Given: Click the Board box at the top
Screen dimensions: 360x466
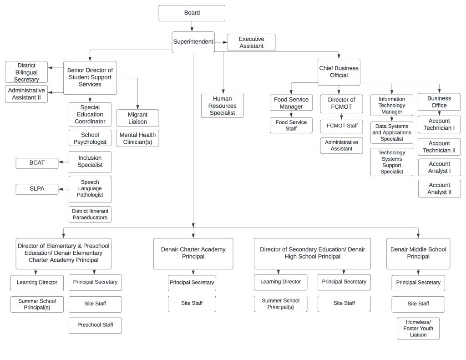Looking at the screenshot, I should pos(192,13).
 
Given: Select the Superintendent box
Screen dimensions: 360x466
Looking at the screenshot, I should pos(193,42).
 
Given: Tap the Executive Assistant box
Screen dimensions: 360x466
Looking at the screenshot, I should pos(251,42).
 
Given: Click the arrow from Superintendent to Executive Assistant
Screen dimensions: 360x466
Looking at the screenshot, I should pos(221,42).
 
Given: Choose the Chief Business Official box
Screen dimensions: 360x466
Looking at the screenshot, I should pos(339,71).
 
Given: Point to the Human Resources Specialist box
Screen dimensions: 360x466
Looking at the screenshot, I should pos(222,106).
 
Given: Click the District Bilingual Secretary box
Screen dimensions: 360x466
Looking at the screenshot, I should pos(26,72).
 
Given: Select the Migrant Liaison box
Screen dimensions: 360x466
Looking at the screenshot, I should pos(137,118).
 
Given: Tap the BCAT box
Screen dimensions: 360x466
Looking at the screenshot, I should pos(37,163).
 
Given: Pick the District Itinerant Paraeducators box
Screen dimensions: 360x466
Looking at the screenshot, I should pos(90,214).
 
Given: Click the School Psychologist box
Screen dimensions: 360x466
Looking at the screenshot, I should pos(90,138).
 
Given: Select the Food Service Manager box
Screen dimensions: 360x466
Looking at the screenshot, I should pos(291,103).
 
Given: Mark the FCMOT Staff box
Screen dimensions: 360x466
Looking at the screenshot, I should pos(341,126).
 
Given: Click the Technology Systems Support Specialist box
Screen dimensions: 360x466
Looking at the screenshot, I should pos(391,162).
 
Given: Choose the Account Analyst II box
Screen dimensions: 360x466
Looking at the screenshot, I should pos(439,188).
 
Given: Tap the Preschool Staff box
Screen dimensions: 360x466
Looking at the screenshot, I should pos(95,325).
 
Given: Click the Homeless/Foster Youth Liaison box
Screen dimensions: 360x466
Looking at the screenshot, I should pos(418,328).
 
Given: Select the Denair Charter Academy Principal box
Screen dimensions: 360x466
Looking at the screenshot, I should pos(193,253).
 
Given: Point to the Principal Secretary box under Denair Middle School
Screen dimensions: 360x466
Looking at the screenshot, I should pos(418,283).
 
